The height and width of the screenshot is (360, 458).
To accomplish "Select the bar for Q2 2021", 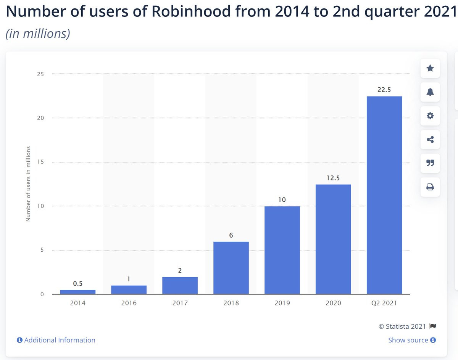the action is [384, 195].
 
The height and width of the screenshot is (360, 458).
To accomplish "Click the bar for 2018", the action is [231, 268].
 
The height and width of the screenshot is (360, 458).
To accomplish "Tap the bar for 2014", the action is [78, 292].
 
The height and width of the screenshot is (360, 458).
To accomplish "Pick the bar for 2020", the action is [333, 239].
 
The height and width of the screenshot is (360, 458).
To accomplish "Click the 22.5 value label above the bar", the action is [384, 90].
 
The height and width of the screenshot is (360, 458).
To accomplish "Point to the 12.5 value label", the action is [333, 178].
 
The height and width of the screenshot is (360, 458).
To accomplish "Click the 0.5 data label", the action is [78, 283].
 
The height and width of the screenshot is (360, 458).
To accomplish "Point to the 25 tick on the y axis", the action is [40, 74].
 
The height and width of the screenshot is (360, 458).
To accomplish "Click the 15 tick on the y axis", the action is [40, 162].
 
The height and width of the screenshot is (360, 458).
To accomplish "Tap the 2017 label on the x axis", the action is [180, 303].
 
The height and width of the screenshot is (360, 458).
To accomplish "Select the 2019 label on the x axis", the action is [282, 303].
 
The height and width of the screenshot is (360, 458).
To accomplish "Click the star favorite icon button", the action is [430, 68].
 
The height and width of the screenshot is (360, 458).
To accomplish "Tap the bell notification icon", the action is [430, 92].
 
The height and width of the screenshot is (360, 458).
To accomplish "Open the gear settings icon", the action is [430, 116].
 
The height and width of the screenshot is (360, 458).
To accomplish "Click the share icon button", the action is [430, 140].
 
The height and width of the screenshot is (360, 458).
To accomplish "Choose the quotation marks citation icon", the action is [430, 163].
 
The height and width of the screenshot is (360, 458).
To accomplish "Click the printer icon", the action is [430, 187].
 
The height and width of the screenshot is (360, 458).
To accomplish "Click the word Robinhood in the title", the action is [191, 11].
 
